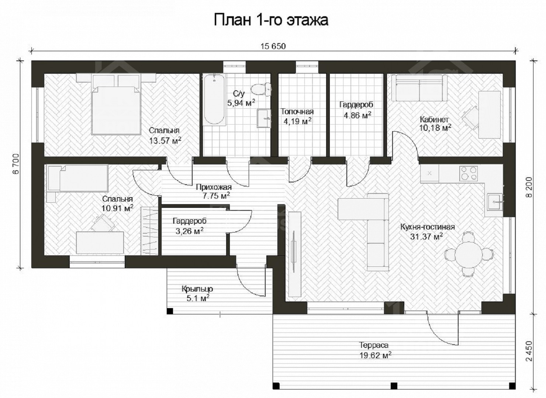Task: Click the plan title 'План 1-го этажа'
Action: point(271,20)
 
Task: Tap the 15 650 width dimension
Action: point(273,46)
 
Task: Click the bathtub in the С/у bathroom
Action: point(214,100)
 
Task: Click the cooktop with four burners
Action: point(468,173)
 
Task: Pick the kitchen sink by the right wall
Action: point(495,202)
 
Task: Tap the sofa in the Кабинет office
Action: point(419,88)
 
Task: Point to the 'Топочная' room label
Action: point(297,112)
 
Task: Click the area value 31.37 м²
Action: point(426,236)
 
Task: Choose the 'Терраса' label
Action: point(374,345)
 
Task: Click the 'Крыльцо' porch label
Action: point(197,289)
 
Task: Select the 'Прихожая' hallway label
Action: point(214,187)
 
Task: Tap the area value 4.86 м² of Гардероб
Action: point(357,115)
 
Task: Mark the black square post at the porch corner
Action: point(170,311)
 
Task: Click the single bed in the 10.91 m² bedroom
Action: point(78,178)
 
